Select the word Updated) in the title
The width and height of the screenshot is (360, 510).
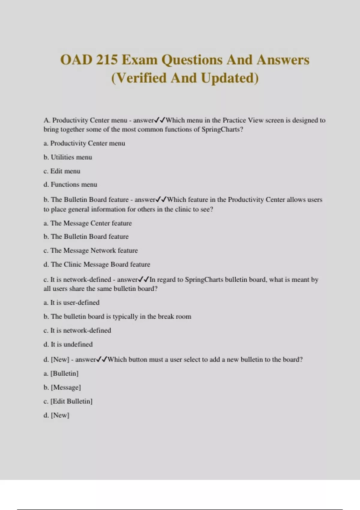point(229,78)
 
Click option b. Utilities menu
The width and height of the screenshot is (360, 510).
point(68,157)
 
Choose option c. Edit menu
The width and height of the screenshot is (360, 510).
point(62,171)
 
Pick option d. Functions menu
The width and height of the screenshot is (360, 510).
point(70,184)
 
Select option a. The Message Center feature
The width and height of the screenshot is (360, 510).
point(88,223)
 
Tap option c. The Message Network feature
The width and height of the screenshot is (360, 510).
point(91,250)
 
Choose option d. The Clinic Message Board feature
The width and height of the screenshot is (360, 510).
point(97,264)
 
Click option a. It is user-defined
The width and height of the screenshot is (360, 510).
point(71,302)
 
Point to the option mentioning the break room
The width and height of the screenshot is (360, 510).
point(117,316)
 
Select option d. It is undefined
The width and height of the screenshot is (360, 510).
point(68,344)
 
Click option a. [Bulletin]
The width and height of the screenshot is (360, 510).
point(61,373)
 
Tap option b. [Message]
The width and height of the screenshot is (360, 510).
point(62,387)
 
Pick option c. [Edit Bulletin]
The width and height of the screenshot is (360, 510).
point(68,401)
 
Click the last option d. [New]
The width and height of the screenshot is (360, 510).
point(56,415)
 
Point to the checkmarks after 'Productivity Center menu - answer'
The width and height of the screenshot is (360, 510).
point(160,120)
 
